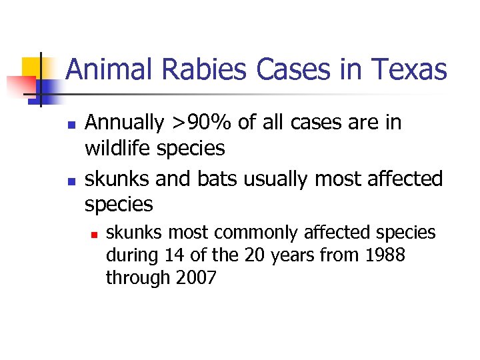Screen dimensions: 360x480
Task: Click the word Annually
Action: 125,123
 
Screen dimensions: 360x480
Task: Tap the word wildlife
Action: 118,148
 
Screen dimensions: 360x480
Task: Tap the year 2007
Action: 195,277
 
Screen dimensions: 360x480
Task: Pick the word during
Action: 129,255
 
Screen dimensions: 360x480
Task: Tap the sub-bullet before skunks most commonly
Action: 95,235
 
